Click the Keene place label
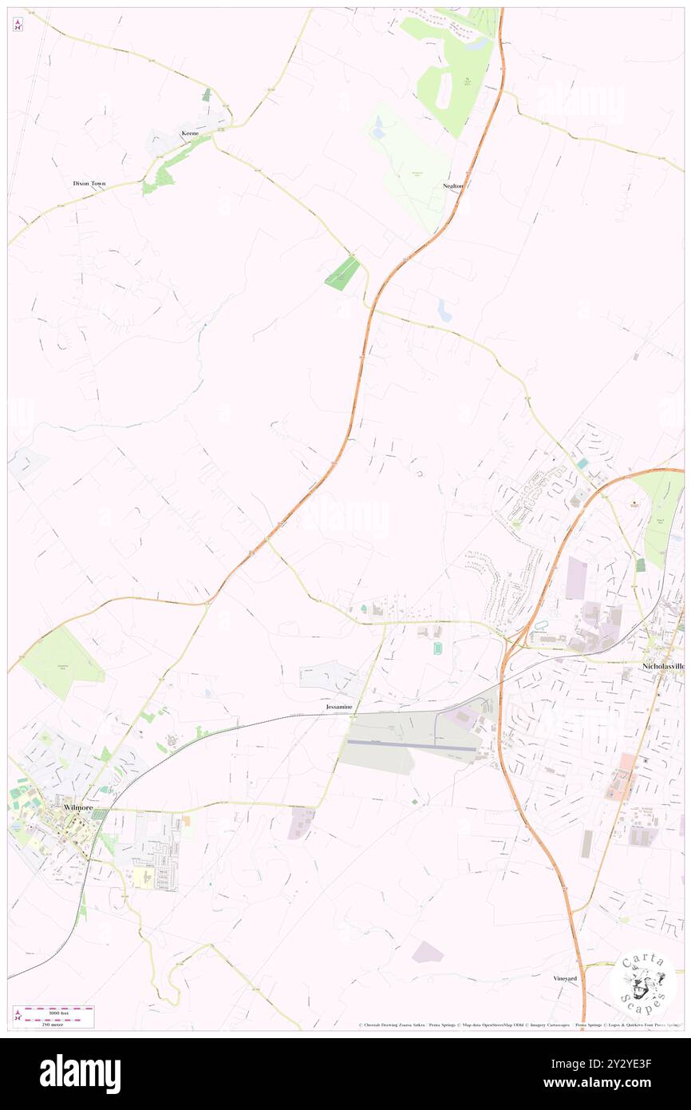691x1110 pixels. pos(189,133)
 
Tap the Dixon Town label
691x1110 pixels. pos(89,184)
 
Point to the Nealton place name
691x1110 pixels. pos(452,185)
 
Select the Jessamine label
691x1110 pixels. pos(338,708)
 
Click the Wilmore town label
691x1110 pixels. pos(77,808)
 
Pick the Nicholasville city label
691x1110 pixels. pos(663,664)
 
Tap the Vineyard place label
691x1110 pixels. pos(564,978)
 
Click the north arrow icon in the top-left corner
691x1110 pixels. pos(18,24)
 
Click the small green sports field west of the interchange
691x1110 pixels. pos(437,649)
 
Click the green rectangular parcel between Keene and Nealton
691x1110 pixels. pos(342,272)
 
